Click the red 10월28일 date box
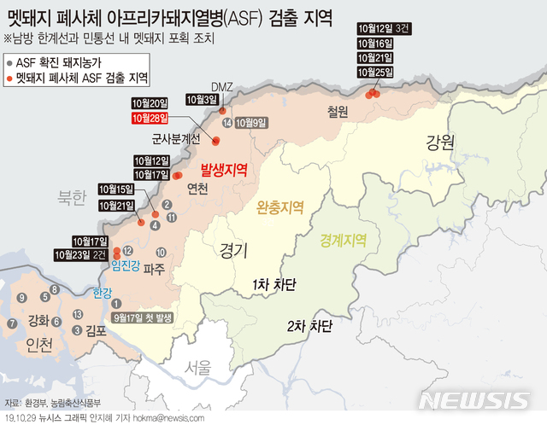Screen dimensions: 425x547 (x=150, y=118)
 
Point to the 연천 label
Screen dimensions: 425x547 (x=197, y=189)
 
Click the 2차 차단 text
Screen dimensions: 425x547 (x=309, y=325)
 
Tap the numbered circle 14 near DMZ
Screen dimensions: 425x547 (x=226, y=123)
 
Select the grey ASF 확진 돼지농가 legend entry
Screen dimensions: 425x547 (x=57, y=62)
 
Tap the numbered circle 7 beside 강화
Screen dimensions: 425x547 (x=12, y=323)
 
